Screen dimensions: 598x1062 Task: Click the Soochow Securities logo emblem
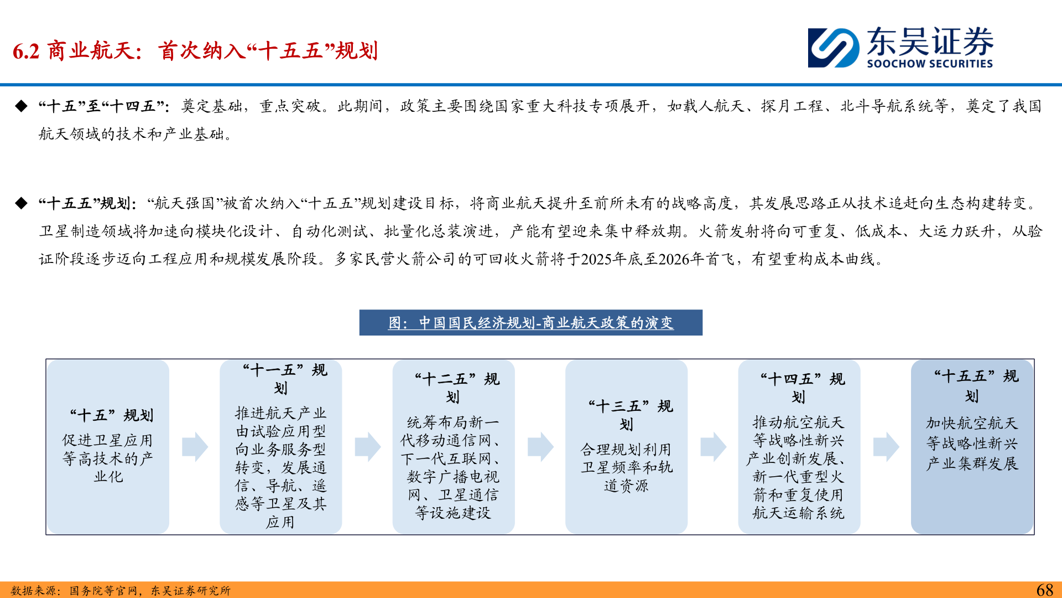pos(833,48)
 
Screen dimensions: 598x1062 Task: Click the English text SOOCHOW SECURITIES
pos(930,64)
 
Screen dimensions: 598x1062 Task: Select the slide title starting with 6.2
pos(195,51)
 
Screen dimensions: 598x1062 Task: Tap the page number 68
pos(1044,590)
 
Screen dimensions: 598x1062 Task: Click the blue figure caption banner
pos(530,323)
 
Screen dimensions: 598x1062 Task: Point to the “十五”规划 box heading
pos(112,415)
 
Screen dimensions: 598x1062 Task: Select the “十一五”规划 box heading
pos(284,379)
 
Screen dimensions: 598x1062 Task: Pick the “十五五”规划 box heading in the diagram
pos(976,386)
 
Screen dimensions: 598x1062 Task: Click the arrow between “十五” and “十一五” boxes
pos(195,447)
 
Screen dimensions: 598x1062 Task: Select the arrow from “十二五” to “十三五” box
pos(540,447)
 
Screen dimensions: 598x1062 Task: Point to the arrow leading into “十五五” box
pos(886,447)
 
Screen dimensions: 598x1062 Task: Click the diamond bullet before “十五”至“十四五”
pos(22,106)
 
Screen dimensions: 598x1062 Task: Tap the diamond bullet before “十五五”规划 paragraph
pos(22,204)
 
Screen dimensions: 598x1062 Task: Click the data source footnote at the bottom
pos(121,591)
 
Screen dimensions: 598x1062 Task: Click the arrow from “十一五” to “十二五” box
pos(368,447)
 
